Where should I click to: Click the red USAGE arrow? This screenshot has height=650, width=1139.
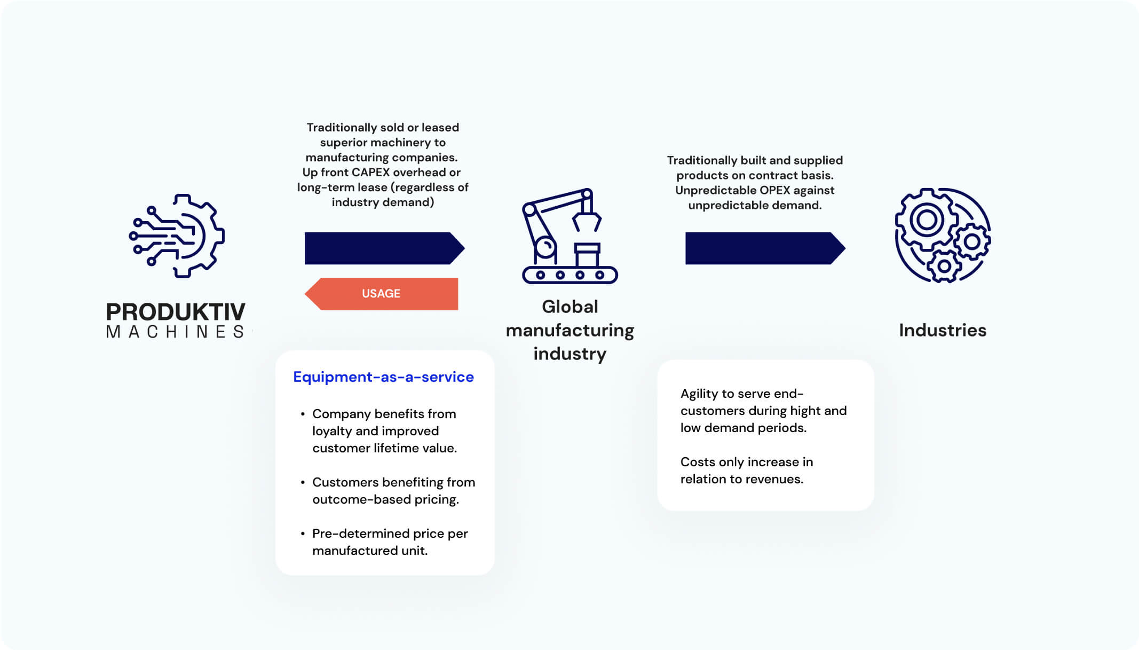381,294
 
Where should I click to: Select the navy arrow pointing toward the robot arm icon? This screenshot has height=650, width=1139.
384,248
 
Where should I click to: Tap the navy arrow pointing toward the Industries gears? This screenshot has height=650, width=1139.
765,248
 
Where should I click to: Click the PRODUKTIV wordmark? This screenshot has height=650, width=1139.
176,312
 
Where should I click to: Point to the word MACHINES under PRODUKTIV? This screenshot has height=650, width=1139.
176,332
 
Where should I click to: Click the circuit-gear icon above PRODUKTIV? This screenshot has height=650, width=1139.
177,236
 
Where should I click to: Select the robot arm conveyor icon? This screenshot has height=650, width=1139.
569,236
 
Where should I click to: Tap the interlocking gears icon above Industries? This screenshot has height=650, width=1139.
943,235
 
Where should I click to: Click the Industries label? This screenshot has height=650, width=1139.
943,330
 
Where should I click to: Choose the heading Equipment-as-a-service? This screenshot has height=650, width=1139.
383,377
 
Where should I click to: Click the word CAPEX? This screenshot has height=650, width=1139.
370,173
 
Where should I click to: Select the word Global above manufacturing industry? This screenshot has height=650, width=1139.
570,307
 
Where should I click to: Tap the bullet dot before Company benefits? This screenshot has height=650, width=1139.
303,414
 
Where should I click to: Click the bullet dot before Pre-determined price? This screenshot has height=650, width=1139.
303,534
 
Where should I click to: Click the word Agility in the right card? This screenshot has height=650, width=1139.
699,394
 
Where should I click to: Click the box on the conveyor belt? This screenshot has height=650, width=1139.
587,255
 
